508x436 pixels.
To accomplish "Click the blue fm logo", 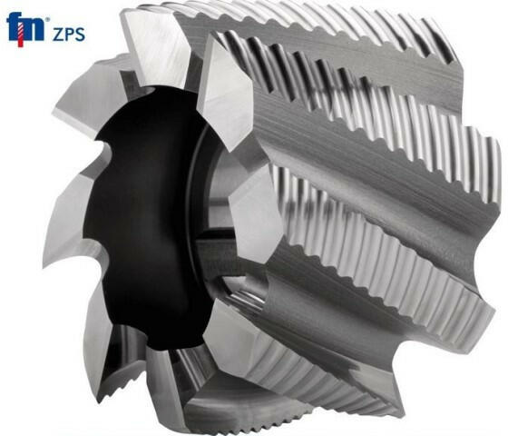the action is click(x=25, y=28).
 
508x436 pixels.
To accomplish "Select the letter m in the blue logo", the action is click(x=33, y=30).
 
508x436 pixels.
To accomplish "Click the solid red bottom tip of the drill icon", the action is click(x=20, y=45).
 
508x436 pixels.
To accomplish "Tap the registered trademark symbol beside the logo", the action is click(x=47, y=20).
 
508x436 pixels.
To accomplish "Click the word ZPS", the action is click(x=69, y=35).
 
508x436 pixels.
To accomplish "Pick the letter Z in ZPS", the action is click(x=58, y=35).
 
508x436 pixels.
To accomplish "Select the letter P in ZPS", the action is click(x=69, y=35).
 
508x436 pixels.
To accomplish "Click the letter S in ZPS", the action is click(x=80, y=35).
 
